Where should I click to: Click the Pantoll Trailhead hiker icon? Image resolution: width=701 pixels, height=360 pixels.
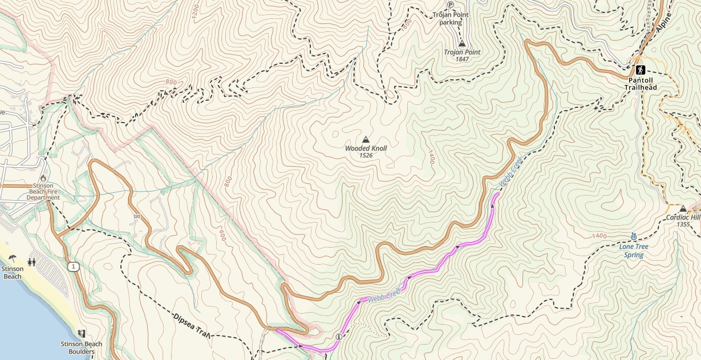pyautogui.click(x=641, y=70)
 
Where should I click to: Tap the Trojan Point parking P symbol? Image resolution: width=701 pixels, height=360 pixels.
pyautogui.click(x=450, y=4)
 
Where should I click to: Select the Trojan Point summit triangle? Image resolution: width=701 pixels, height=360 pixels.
pyautogui.click(x=462, y=43)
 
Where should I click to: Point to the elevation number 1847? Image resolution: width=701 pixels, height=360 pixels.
pyautogui.click(x=462, y=59)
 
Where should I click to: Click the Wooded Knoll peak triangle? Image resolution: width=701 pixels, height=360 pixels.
pyautogui.click(x=366, y=140)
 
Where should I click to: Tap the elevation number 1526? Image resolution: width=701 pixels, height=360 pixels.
pyautogui.click(x=366, y=155)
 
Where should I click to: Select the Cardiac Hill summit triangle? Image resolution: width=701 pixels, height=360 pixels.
pyautogui.click(x=683, y=208)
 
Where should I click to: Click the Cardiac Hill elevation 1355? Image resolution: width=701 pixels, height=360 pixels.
pyautogui.click(x=683, y=224)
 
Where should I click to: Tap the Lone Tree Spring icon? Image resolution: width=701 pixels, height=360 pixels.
pyautogui.click(x=634, y=237)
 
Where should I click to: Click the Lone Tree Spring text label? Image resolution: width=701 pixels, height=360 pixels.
pyautogui.click(x=633, y=251)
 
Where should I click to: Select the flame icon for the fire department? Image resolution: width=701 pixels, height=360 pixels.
pyautogui.click(x=43, y=178)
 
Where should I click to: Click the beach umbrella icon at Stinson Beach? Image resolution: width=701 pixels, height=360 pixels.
pyautogui.click(x=12, y=258)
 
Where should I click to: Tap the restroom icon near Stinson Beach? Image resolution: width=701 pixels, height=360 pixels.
pyautogui.click(x=32, y=262)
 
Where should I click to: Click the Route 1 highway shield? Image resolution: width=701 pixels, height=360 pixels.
pyautogui.click(x=72, y=266)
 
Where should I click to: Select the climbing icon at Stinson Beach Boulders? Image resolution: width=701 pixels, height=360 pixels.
pyautogui.click(x=81, y=333)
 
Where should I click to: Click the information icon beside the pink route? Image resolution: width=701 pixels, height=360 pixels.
pyautogui.click(x=339, y=337)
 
